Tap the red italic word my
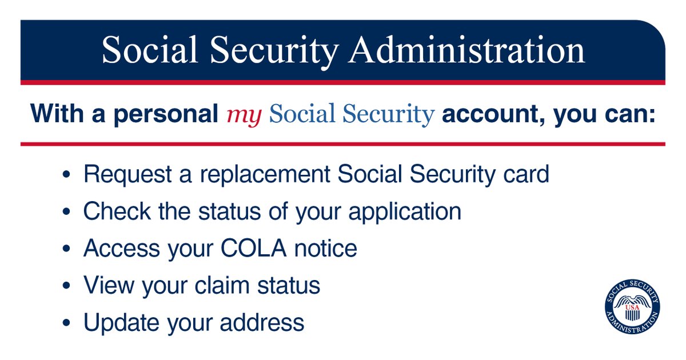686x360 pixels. (x=244, y=114)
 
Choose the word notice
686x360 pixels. (x=330, y=249)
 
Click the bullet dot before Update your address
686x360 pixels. (x=67, y=323)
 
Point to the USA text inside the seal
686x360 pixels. (x=632, y=309)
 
